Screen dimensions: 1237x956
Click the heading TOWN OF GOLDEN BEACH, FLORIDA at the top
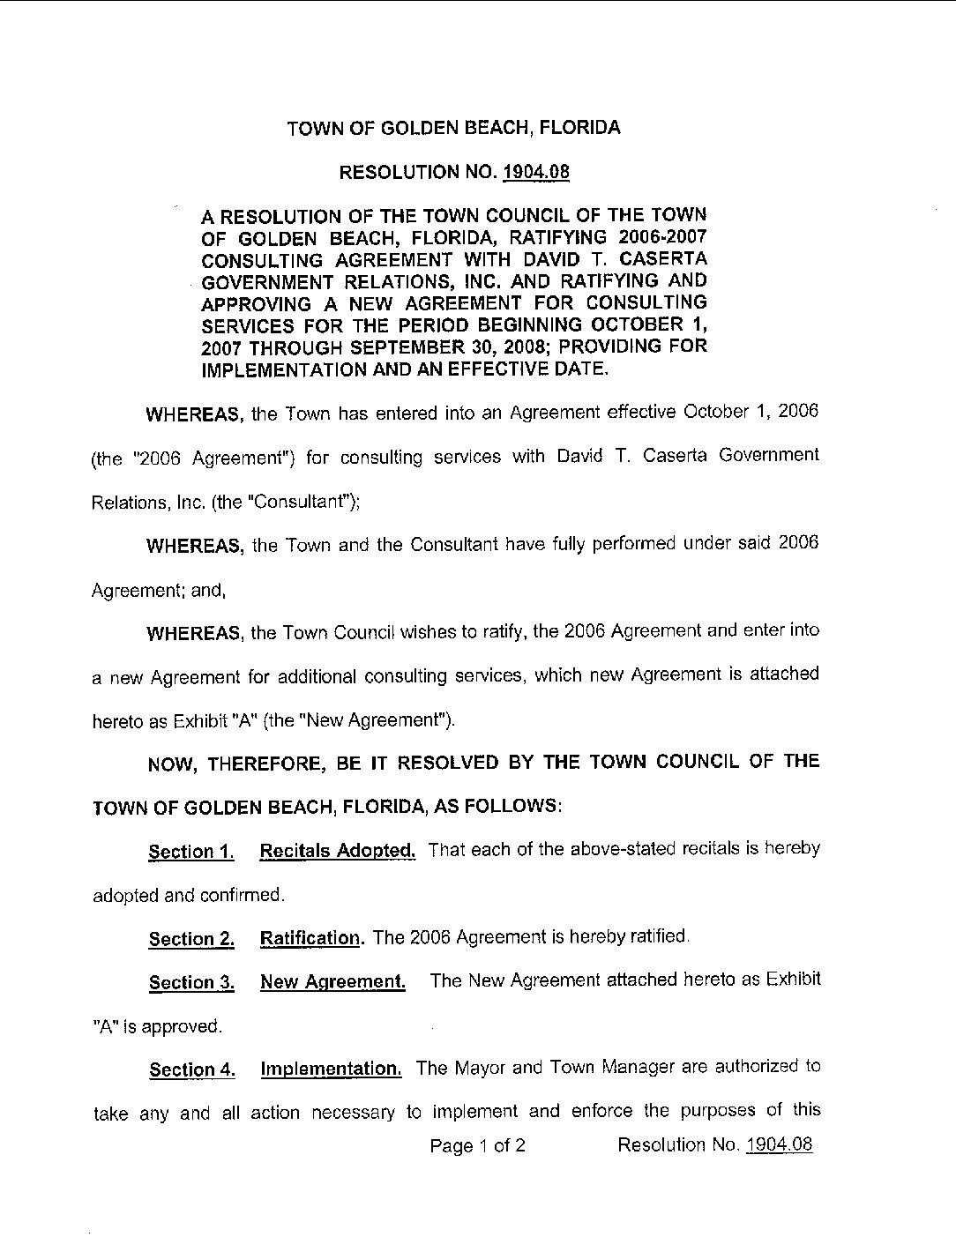[453, 128]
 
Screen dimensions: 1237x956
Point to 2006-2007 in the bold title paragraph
[662, 237]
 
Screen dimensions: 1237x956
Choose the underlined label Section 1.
[191, 852]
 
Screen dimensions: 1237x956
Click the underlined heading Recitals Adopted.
[337, 851]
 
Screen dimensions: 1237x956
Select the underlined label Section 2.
[191, 939]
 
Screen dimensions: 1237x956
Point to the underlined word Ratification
[310, 938]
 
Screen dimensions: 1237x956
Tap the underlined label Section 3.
[191, 983]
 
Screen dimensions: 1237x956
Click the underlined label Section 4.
[191, 1070]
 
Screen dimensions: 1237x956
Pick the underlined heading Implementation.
[332, 1069]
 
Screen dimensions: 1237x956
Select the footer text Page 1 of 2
[478, 1146]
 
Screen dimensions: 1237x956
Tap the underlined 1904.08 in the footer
[779, 1145]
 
